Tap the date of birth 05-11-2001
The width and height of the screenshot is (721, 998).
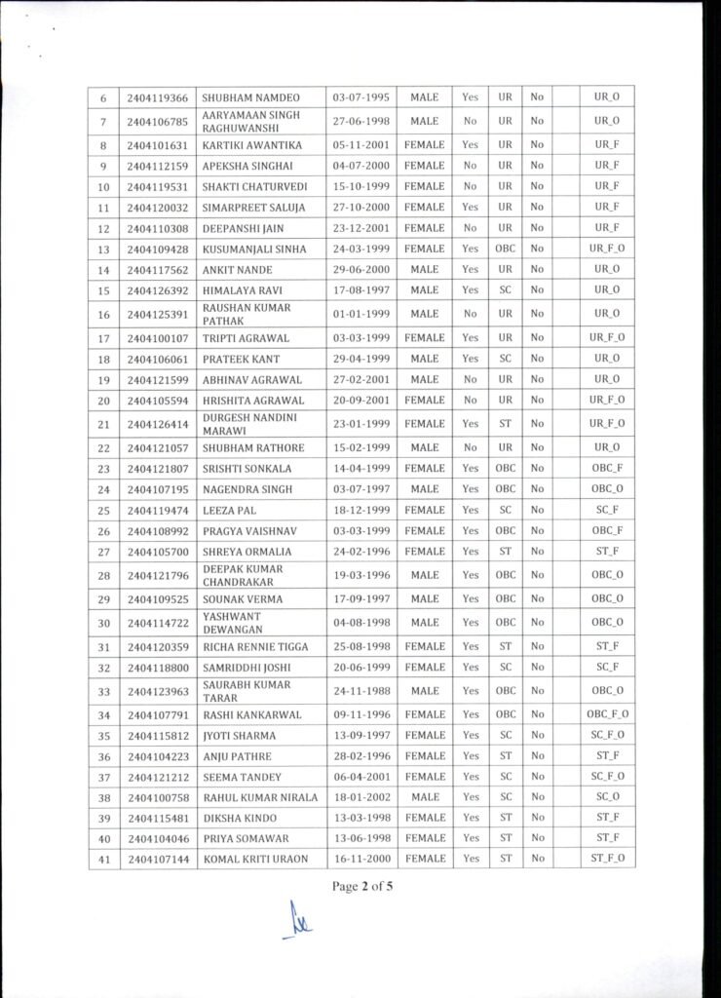click(x=360, y=145)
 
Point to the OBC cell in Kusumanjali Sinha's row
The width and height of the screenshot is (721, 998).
click(x=505, y=249)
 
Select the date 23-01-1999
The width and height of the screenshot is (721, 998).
click(x=360, y=424)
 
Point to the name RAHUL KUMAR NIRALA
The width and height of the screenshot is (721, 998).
click(x=259, y=797)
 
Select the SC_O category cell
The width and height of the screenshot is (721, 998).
click(x=606, y=797)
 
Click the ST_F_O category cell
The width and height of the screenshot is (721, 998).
click(x=606, y=858)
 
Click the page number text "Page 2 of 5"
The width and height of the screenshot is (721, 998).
click(x=360, y=887)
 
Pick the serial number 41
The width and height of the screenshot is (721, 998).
click(x=102, y=858)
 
